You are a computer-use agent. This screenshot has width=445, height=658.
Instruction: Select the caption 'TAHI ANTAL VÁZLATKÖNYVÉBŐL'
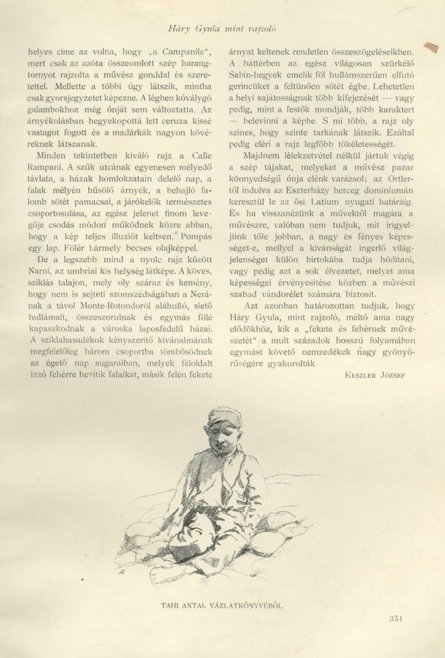coord(221,604)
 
